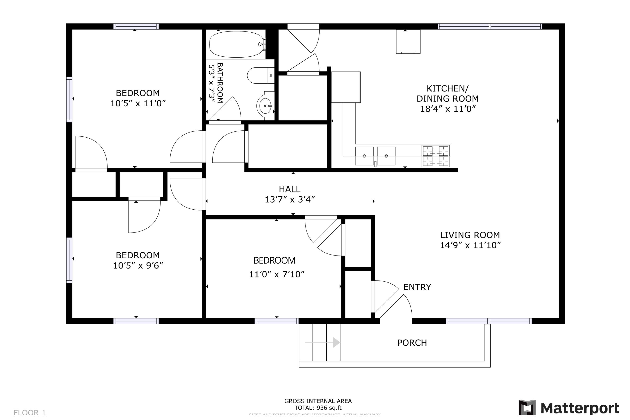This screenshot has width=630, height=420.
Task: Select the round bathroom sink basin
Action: (x=265, y=106)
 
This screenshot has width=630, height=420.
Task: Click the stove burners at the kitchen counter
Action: (x=436, y=156)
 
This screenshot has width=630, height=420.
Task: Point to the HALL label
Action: (x=289, y=189)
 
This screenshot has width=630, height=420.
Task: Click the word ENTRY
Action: (x=417, y=287)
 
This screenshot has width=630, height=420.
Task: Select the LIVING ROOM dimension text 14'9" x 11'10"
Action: (x=470, y=245)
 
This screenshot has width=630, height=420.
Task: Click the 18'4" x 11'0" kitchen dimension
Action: (x=448, y=109)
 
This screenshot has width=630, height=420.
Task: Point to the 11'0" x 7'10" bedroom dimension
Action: (x=277, y=274)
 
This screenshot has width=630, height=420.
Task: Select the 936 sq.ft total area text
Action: (x=318, y=408)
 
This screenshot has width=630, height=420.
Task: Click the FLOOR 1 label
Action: (x=30, y=412)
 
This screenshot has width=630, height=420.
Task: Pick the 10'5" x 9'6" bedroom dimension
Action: (x=138, y=266)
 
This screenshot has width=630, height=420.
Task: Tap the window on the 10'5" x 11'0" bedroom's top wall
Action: (x=136, y=26)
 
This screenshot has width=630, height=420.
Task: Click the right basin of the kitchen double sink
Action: (x=386, y=156)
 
